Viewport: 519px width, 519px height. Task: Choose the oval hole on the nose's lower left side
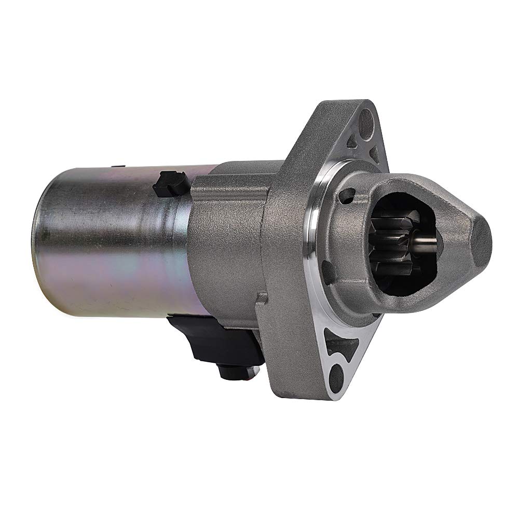(328, 270)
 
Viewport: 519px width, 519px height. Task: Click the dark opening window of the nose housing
(405, 244)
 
